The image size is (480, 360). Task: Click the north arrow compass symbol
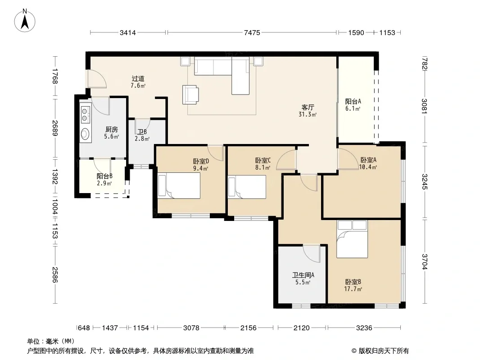[25, 20]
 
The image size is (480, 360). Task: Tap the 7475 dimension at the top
[252, 32]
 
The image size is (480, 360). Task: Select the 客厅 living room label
[308, 108]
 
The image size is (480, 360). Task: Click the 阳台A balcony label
[353, 101]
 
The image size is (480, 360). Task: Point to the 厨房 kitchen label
[111, 130]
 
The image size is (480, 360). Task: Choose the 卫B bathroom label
[142, 132]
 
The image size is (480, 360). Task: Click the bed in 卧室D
[179, 186]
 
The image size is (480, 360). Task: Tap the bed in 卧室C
[247, 187]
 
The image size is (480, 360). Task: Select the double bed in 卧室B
[352, 239]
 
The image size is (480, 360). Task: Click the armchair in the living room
[190, 95]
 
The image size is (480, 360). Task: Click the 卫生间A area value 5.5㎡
[303, 282]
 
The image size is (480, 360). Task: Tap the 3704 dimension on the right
[425, 261]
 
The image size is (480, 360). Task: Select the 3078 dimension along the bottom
[191, 328]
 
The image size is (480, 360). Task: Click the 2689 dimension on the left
[55, 128]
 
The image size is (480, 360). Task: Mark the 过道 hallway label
[138, 79]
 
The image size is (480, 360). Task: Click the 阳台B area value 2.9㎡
[104, 183]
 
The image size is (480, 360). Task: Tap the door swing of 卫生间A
[311, 253]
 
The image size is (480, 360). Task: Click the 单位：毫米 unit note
[51, 341]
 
